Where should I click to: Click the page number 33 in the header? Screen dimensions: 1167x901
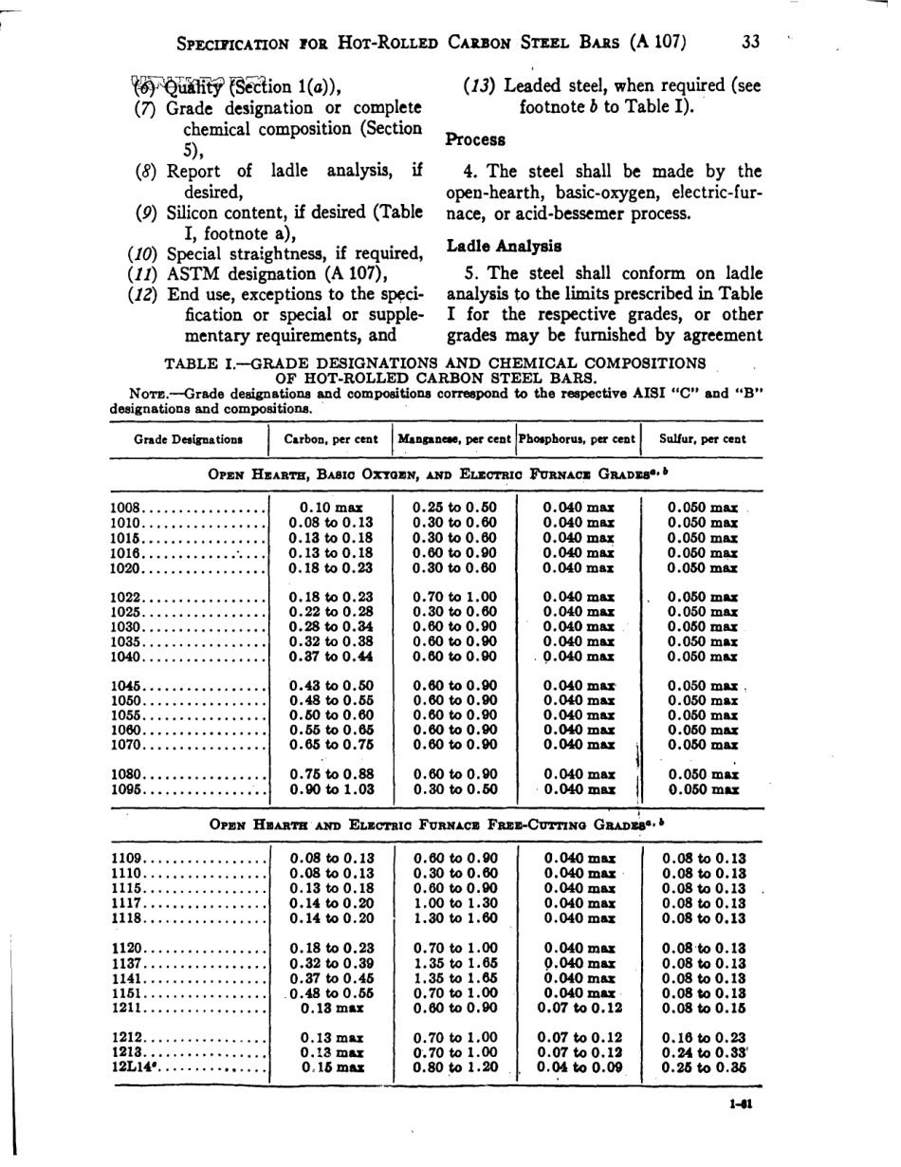point(750,42)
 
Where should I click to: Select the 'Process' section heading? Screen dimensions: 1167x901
point(475,139)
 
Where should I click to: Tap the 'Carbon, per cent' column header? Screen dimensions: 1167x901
point(331,439)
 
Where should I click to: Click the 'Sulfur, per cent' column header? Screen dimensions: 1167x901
point(703,439)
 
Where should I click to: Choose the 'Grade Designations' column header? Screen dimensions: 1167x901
point(188,439)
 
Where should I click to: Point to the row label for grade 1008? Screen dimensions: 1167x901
point(126,508)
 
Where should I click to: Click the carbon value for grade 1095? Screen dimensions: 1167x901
point(331,789)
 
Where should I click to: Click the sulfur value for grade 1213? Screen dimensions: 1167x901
point(704,1051)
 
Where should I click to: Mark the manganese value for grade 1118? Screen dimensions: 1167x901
point(455,918)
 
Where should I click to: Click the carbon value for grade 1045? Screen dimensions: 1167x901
point(331,685)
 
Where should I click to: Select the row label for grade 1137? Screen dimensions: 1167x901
point(126,963)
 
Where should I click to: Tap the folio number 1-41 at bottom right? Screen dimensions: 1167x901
point(742,1103)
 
